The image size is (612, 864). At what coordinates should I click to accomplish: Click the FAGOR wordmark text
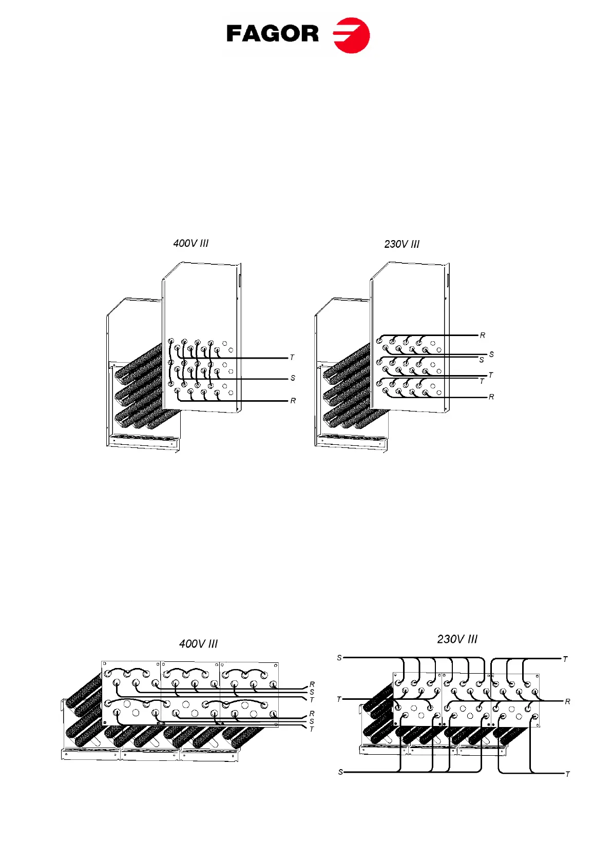tap(272, 34)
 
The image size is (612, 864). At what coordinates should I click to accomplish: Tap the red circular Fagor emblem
tap(352, 35)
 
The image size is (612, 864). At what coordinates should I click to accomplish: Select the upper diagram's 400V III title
tap(191, 243)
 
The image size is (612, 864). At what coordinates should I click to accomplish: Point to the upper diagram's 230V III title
tap(401, 244)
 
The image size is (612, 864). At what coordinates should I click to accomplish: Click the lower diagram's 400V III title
tap(198, 644)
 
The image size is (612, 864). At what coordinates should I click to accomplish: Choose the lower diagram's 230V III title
tap(457, 639)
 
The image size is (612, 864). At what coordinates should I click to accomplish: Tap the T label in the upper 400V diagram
tap(292, 358)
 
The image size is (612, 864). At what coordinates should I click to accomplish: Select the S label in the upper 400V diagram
tap(293, 378)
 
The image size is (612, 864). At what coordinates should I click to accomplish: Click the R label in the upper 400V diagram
tap(293, 401)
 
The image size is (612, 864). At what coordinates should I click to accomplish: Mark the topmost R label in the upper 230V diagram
tap(482, 336)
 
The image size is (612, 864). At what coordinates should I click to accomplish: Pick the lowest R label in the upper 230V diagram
tap(491, 397)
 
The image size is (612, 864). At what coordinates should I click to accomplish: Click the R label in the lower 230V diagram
tap(567, 701)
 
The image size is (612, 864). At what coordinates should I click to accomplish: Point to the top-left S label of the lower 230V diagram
tap(339, 658)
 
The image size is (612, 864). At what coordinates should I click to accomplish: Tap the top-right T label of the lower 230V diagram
tap(565, 659)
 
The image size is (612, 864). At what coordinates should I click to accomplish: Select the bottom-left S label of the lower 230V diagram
tap(340, 772)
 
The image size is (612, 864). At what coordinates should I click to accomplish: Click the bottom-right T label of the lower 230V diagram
tap(567, 774)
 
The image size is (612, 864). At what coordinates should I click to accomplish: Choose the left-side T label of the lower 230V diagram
tap(339, 699)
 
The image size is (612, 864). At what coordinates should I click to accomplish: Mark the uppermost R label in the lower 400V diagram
tap(312, 685)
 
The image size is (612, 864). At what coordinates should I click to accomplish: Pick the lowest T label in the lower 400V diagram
tap(312, 729)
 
